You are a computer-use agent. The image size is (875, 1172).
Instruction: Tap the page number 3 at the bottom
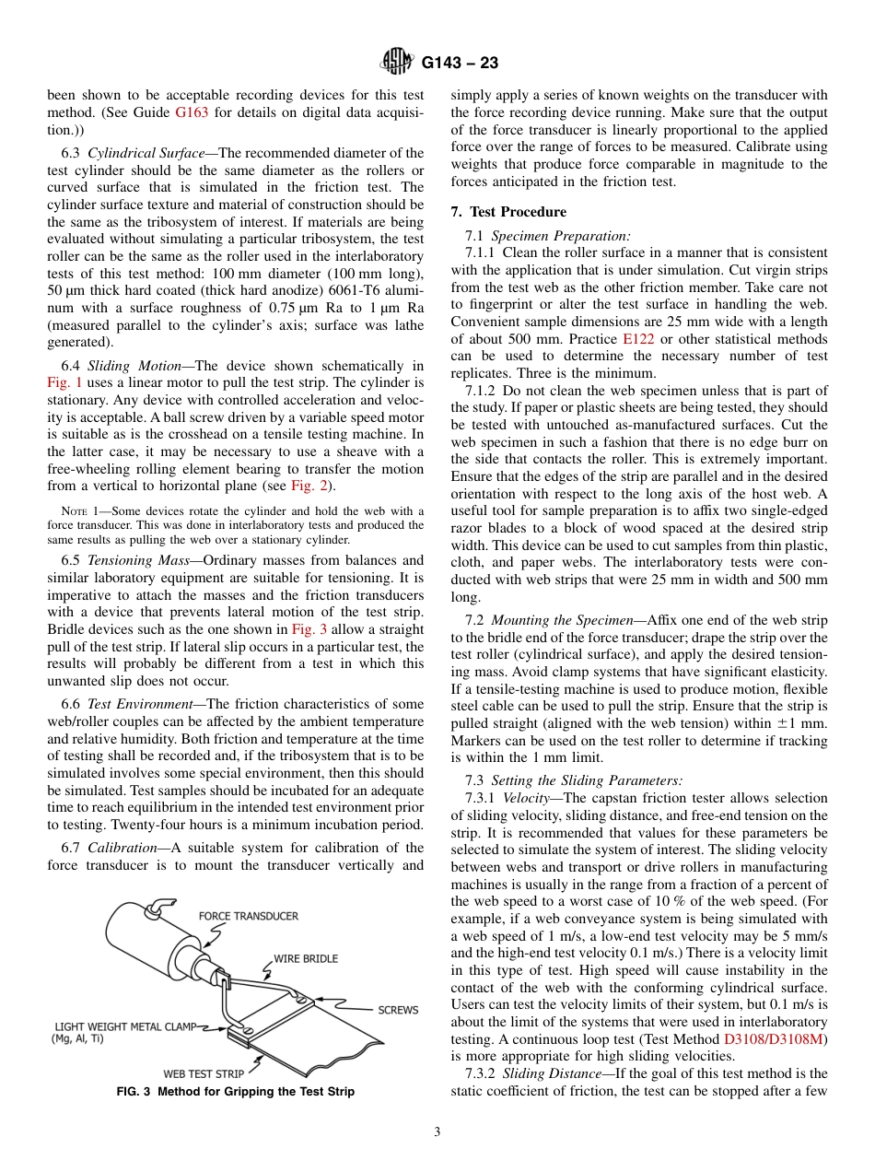[437, 1132]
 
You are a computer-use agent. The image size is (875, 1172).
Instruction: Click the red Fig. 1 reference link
[64, 382]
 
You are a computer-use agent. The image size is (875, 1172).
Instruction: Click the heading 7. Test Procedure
[508, 212]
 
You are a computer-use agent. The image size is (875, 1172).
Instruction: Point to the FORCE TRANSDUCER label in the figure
[249, 916]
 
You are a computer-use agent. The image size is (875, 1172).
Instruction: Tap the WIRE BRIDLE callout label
[306, 958]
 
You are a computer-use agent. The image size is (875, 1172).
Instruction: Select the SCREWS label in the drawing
[398, 1010]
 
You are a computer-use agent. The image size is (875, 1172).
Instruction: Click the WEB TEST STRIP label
[204, 1073]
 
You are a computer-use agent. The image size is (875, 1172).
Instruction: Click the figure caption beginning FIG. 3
[235, 1092]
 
